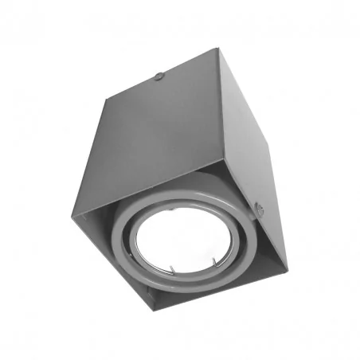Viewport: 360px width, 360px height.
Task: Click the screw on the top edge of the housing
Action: click(x=159, y=76)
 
